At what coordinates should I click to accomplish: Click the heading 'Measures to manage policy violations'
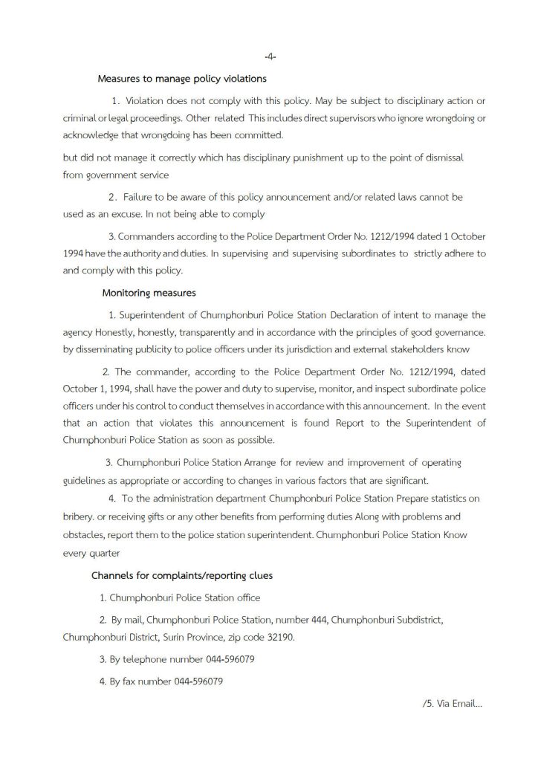tap(182, 78)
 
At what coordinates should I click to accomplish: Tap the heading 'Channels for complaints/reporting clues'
tap(181, 576)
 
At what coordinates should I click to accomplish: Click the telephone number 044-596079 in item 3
tap(223, 659)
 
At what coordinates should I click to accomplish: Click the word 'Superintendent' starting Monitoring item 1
tap(154, 315)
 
